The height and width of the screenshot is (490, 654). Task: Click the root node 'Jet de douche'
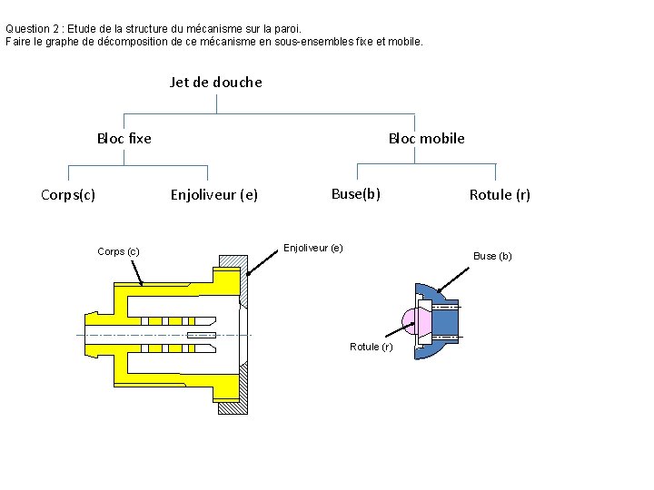click(x=215, y=82)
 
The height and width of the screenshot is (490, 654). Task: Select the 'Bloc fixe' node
click(x=124, y=138)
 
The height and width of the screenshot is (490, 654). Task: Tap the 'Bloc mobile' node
click(x=426, y=138)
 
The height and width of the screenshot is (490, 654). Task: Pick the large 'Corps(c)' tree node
click(x=68, y=194)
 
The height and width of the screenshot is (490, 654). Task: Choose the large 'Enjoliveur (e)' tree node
click(x=214, y=194)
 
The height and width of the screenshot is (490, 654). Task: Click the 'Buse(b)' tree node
click(x=355, y=193)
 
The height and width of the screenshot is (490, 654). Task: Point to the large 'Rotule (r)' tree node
click(x=500, y=194)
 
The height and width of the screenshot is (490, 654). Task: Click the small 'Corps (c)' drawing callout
click(x=118, y=251)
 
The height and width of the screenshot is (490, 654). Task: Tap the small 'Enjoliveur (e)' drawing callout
click(x=313, y=248)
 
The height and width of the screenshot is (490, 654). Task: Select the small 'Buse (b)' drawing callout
click(x=492, y=256)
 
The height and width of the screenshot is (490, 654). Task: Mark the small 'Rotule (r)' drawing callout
click(x=371, y=347)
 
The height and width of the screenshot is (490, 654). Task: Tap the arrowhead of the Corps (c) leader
click(x=141, y=283)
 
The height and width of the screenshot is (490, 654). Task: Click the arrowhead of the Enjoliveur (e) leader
click(x=248, y=271)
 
